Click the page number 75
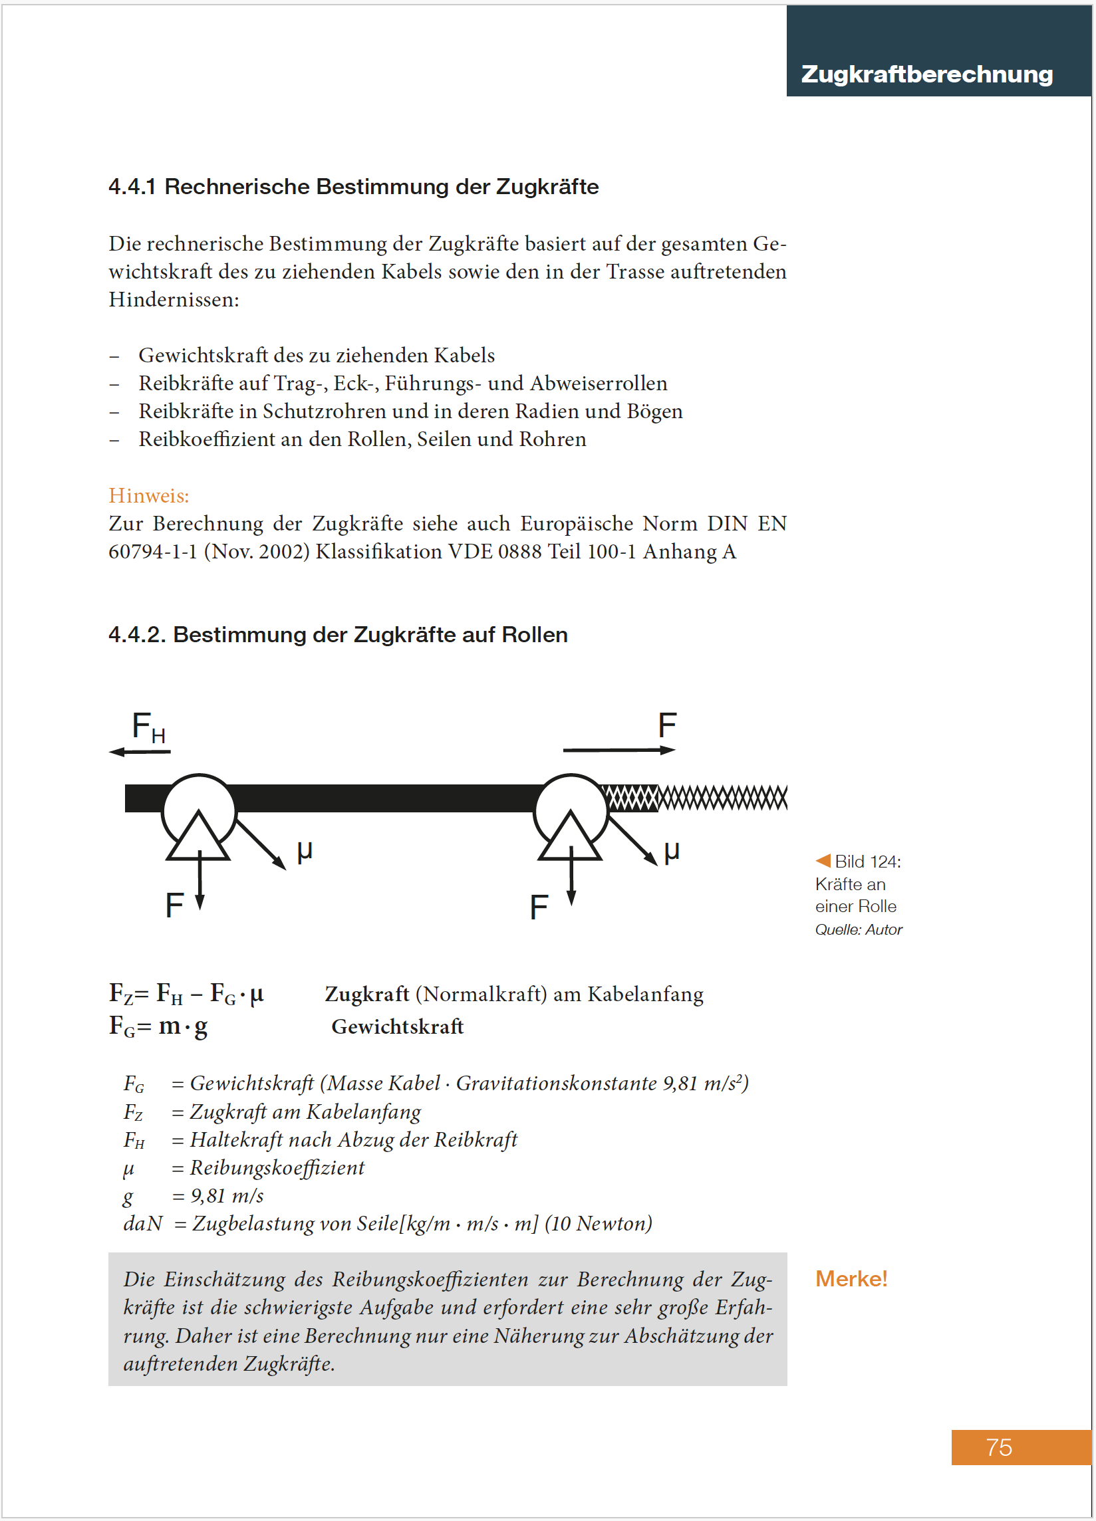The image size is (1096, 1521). [998, 1447]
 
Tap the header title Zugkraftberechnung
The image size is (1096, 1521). [926, 74]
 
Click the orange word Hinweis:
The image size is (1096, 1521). [149, 496]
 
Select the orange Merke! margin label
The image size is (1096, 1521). [851, 1278]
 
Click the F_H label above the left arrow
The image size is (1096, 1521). [148, 727]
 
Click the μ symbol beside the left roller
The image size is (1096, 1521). [305, 851]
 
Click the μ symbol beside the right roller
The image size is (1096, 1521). [672, 851]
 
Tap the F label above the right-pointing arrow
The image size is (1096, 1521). [667, 725]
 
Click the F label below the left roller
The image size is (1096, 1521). [174, 905]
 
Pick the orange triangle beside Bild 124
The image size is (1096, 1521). [823, 860]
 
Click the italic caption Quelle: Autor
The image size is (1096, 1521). [858, 929]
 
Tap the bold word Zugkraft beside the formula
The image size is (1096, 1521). [367, 994]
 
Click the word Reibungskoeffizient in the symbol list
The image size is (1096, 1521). [277, 1167]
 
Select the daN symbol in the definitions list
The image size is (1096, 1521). [143, 1224]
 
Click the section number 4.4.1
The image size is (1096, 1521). [132, 186]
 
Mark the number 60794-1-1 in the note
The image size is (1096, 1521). [153, 551]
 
